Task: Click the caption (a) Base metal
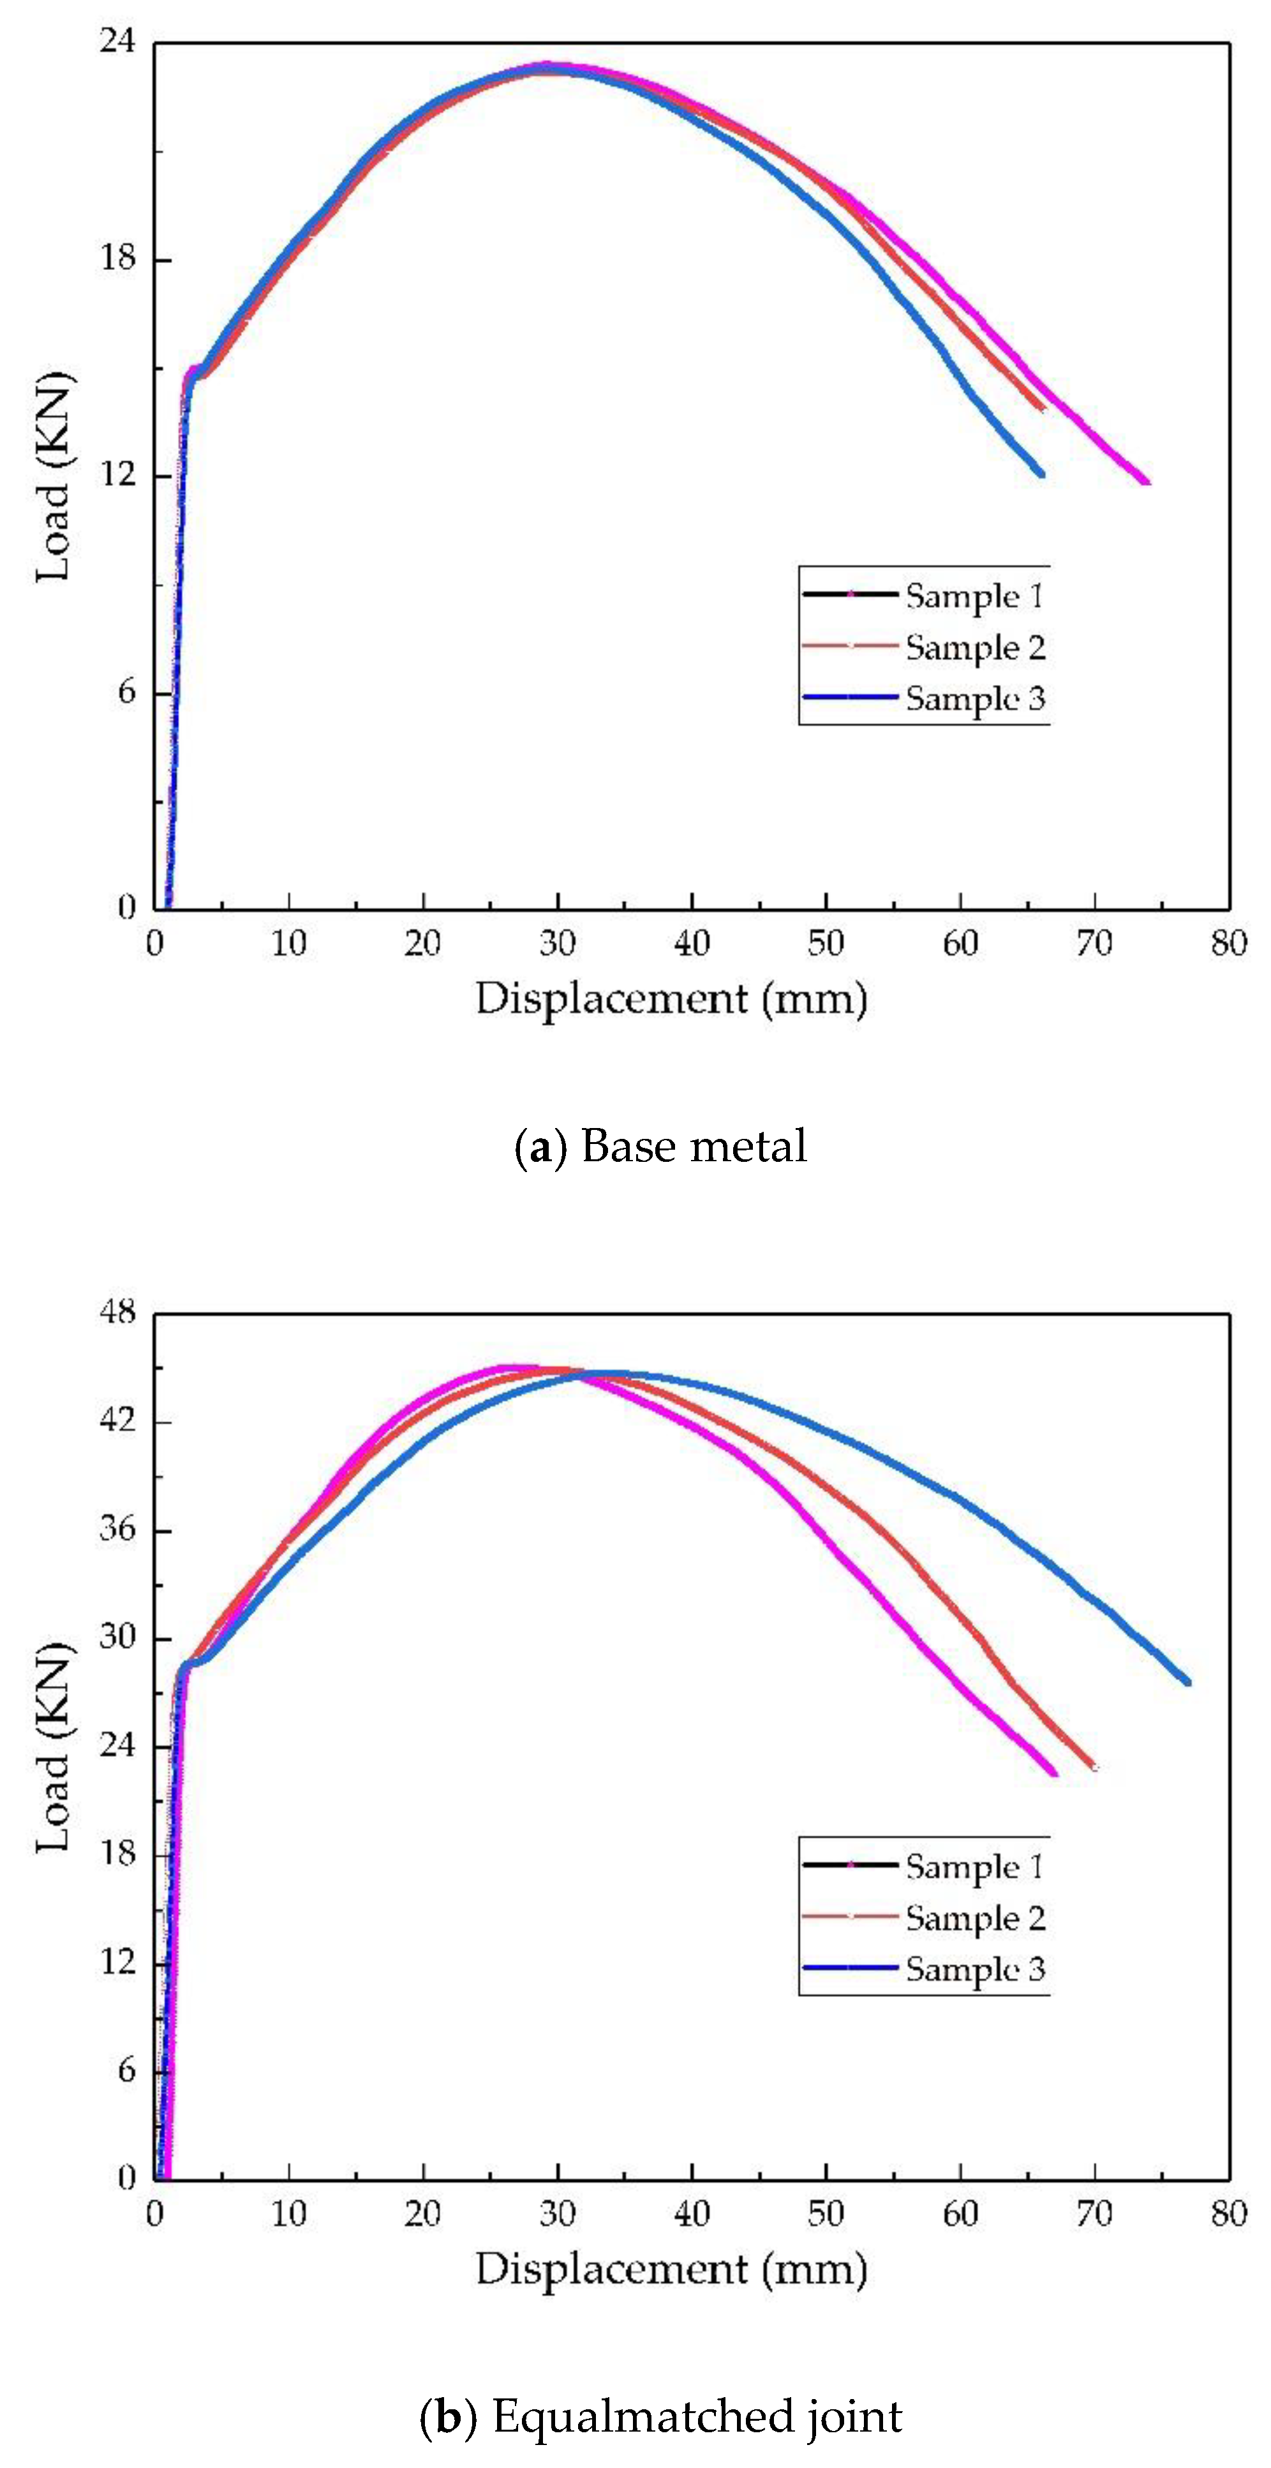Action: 661,1147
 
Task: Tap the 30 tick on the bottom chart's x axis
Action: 556,2214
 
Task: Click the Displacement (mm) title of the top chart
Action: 671,999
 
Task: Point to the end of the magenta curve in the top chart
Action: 1147,482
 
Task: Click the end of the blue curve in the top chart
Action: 1041,473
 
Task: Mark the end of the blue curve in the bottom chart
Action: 1187,1682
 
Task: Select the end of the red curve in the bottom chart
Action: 1094,1766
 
